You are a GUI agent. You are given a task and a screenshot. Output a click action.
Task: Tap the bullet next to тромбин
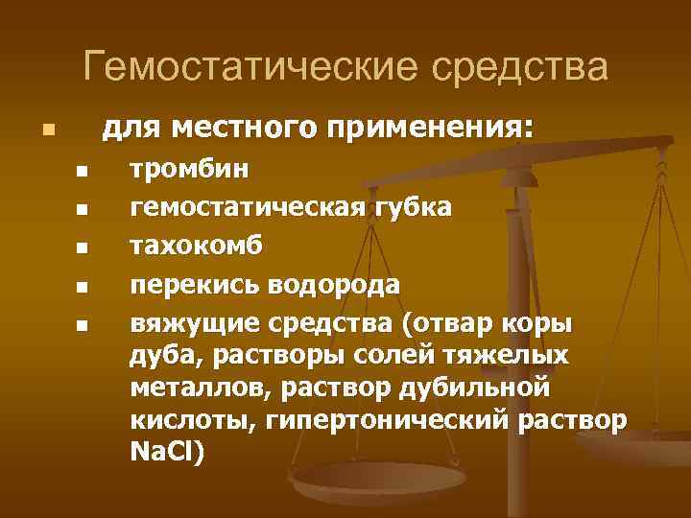click(82, 173)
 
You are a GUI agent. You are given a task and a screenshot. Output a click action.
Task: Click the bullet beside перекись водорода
click(82, 287)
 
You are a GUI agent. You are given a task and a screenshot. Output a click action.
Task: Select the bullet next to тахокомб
click(82, 248)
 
